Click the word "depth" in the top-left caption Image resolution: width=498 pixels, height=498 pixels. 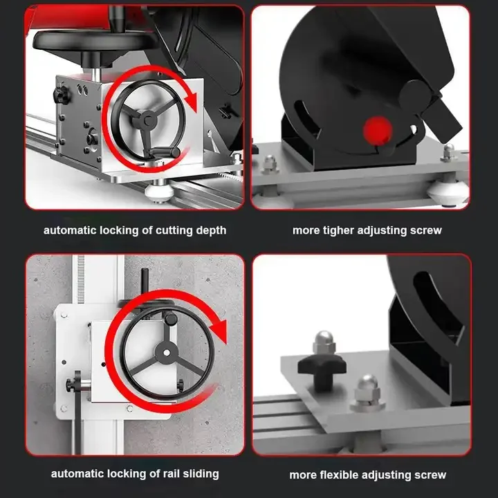point(210,230)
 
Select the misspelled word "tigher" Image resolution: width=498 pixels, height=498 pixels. point(337,230)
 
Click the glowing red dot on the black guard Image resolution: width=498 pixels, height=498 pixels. point(376,129)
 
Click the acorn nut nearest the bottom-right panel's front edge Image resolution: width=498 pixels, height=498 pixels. point(366,389)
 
